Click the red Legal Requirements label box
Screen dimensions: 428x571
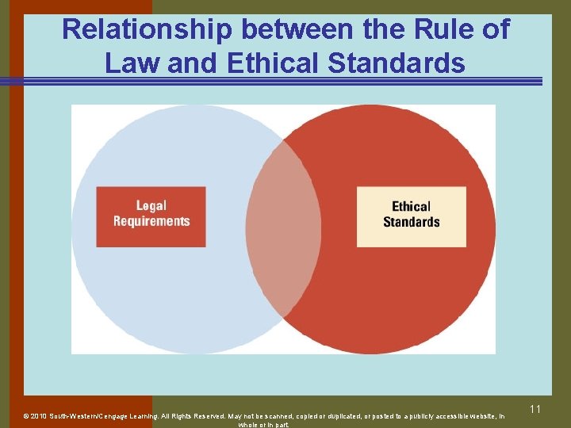(151, 216)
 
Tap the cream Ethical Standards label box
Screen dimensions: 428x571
(411, 216)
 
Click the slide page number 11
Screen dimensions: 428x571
(535, 409)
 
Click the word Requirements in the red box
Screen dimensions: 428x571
(151, 222)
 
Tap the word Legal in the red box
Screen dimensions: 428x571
(151, 207)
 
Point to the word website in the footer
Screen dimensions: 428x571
(476, 415)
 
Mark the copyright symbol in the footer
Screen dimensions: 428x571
(25, 415)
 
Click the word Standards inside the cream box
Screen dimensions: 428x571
(411, 222)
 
